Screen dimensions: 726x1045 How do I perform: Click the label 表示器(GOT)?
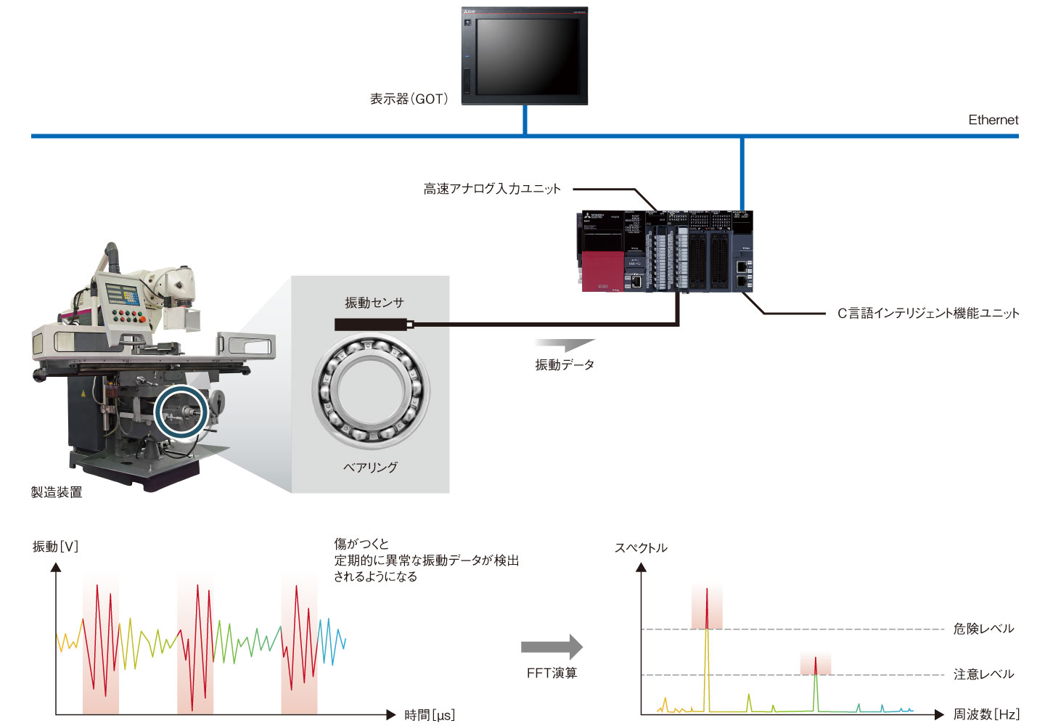coord(409,99)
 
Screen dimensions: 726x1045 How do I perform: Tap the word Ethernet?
coord(993,120)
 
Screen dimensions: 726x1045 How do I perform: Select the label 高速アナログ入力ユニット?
coord(492,189)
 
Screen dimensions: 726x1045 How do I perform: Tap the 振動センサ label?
coord(374,303)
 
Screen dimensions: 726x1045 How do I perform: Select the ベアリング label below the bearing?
coord(370,467)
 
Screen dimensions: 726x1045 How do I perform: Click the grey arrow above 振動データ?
coord(564,345)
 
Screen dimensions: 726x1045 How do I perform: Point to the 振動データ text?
coord(565,364)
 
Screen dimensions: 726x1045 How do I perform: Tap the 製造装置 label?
coord(57,492)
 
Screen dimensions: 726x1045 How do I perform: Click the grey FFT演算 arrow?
coord(552,646)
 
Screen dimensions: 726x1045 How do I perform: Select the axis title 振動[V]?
coord(55,547)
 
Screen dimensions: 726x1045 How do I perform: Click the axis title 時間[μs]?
coord(430,715)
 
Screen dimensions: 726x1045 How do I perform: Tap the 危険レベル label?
coord(983,629)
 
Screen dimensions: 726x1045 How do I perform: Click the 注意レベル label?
coord(983,674)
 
